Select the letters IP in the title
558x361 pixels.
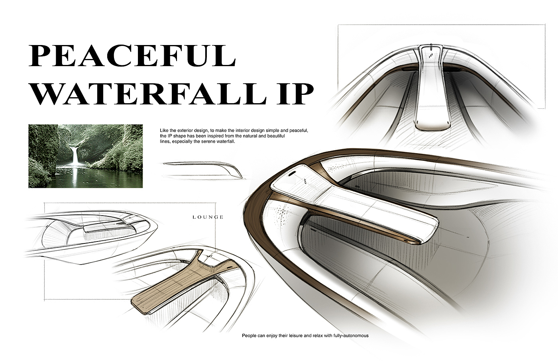[293, 94]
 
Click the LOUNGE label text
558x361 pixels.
[208, 217]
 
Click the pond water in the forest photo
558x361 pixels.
[80, 175]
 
